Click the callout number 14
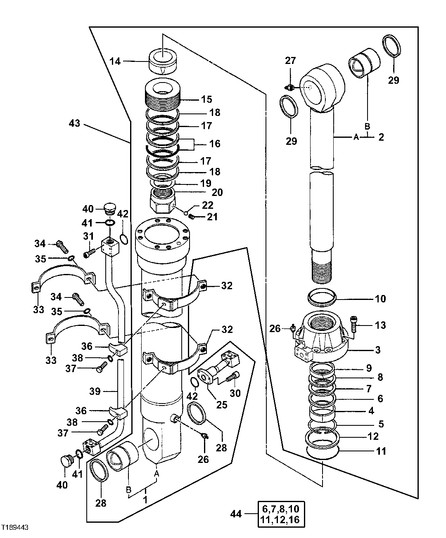coord(115,61)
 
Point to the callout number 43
coord(75,123)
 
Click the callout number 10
coord(380,298)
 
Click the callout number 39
coord(95,391)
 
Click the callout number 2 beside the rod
coord(381,137)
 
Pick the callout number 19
coord(206,183)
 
